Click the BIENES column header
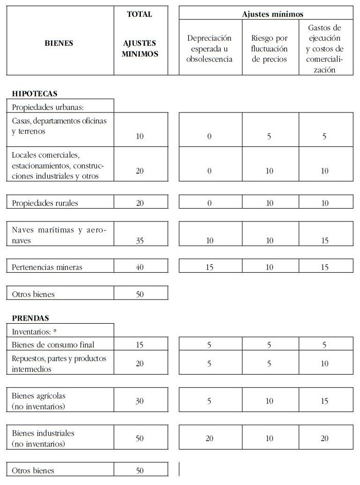point(59,43)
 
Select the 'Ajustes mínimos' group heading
point(273,14)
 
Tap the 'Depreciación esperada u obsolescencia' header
point(209,48)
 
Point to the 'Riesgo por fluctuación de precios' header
point(269,48)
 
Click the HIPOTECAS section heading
point(34,94)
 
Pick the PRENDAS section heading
point(30,318)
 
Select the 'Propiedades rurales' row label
point(45,203)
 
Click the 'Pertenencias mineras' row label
point(47,267)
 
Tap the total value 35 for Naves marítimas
point(140,240)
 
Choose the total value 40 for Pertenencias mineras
point(140,267)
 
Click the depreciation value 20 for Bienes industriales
point(209,438)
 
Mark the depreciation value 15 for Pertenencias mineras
point(209,267)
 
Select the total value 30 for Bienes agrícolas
point(140,401)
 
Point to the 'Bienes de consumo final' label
point(53,345)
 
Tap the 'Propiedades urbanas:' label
point(43,107)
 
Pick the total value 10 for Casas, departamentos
point(140,137)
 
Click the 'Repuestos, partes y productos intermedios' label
point(59,363)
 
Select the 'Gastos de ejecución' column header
point(325,48)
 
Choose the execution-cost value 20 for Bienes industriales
point(325,438)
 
